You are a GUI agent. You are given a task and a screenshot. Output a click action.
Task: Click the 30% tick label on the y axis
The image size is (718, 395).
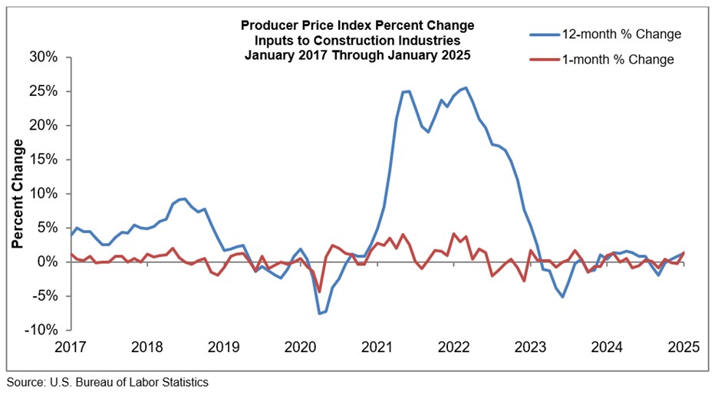tap(44, 58)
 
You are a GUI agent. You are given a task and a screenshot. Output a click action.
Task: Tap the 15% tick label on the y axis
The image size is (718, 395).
tap(44, 160)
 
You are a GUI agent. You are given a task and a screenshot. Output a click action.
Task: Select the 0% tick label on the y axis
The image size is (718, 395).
tap(48, 262)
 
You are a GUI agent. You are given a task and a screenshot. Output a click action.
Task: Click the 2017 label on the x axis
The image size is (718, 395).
tap(71, 346)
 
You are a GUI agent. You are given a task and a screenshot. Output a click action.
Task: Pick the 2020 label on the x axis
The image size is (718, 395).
tap(301, 346)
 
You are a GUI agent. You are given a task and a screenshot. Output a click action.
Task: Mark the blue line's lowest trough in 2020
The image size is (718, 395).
tap(320, 313)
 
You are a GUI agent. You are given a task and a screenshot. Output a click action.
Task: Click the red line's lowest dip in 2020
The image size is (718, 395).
tap(320, 291)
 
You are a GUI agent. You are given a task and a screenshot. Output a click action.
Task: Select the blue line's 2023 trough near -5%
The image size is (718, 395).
tap(562, 297)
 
